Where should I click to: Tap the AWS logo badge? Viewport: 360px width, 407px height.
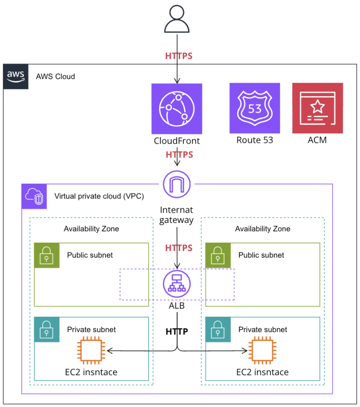click(16, 76)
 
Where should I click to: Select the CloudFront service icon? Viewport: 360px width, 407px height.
click(177, 109)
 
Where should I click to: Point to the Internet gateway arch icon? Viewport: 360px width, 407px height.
click(177, 184)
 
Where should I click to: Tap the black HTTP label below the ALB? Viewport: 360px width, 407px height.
click(177, 332)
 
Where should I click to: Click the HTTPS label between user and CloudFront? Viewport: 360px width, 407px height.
click(179, 56)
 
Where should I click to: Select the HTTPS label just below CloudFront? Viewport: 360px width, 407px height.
click(179, 155)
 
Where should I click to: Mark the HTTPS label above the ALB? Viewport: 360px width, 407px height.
click(179, 247)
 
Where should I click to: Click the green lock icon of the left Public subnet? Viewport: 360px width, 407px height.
click(46, 255)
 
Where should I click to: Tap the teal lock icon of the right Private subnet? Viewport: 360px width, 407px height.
click(218, 329)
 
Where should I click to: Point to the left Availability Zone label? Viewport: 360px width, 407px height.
click(91, 229)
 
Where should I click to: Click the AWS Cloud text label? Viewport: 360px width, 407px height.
click(55, 76)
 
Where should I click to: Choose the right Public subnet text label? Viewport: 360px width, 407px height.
click(261, 255)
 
